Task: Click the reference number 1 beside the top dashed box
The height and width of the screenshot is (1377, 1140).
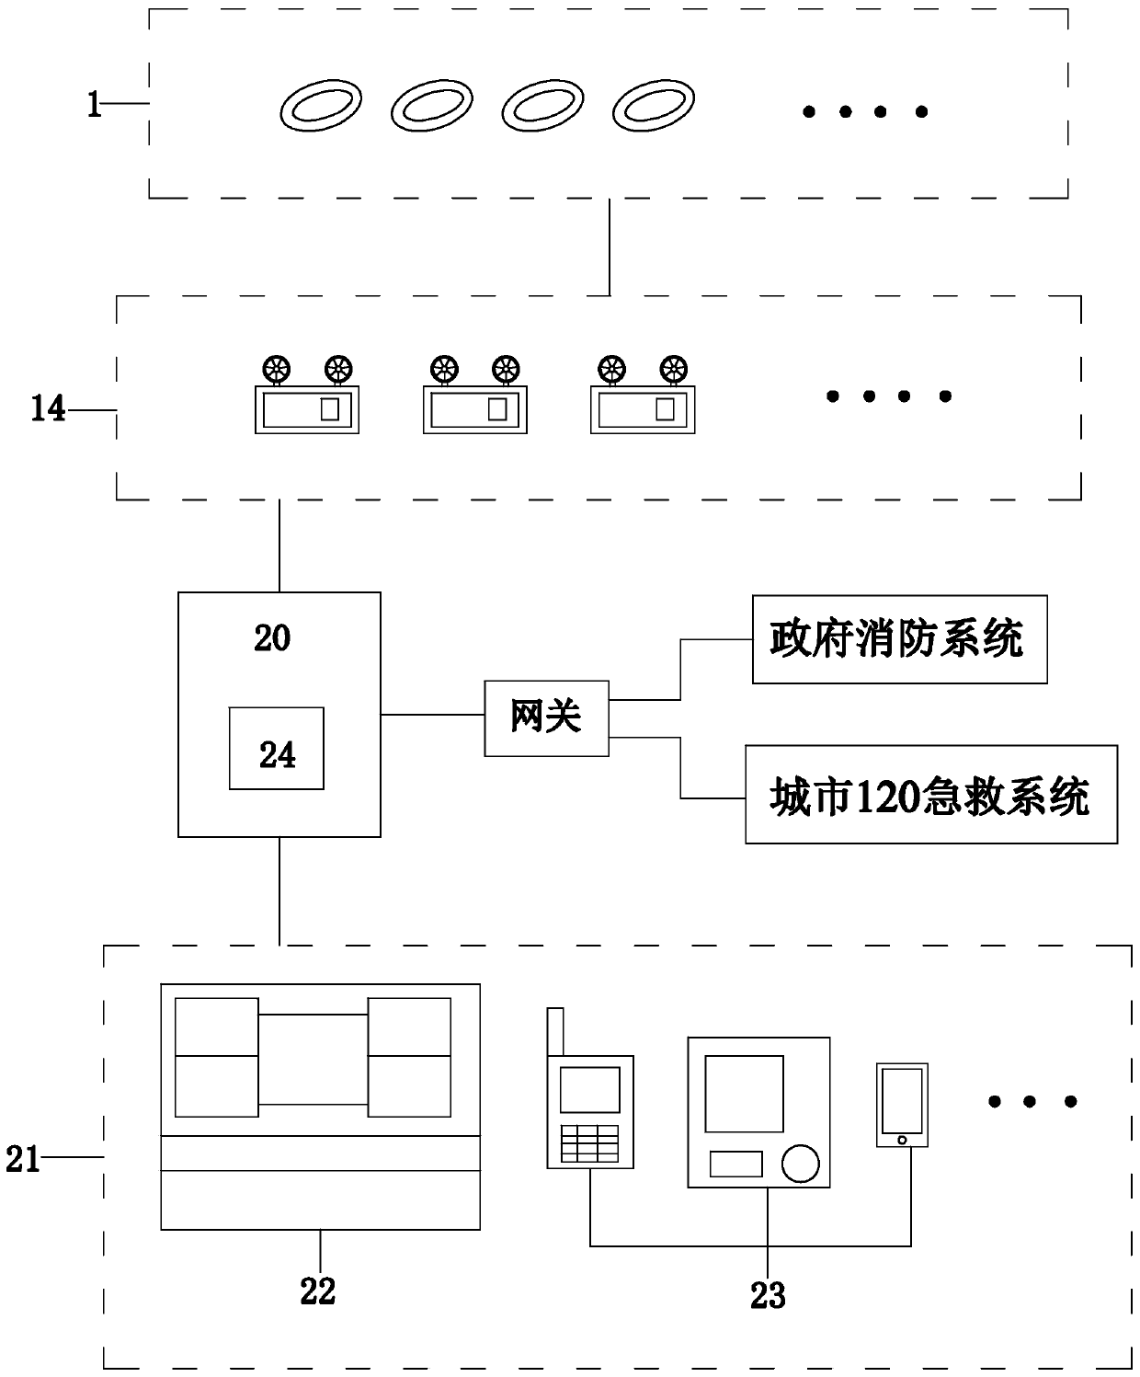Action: click(x=95, y=104)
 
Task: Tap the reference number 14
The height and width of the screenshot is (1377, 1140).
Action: click(x=48, y=408)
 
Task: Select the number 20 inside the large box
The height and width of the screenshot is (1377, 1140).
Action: click(x=271, y=637)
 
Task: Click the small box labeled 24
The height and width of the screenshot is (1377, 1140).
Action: click(x=276, y=748)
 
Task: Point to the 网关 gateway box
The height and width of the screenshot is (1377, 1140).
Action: click(x=547, y=718)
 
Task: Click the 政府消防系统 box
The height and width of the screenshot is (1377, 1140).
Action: click(x=900, y=639)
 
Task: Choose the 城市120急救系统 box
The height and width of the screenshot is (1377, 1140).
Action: click(x=931, y=794)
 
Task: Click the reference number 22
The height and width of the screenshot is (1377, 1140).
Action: click(x=318, y=1291)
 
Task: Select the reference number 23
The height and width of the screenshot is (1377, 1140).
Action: click(x=768, y=1295)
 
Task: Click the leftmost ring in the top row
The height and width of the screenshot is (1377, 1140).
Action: click(x=321, y=106)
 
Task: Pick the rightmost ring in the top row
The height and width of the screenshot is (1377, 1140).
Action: click(x=654, y=106)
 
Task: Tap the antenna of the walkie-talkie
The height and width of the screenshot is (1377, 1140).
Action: click(x=555, y=1032)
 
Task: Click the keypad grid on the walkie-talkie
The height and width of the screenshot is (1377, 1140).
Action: click(x=589, y=1143)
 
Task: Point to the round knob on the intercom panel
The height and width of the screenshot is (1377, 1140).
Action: click(x=801, y=1164)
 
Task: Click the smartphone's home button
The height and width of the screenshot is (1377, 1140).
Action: click(x=902, y=1140)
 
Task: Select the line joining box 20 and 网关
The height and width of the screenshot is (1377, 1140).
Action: click(x=432, y=714)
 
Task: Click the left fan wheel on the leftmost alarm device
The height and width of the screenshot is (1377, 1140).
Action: click(x=276, y=369)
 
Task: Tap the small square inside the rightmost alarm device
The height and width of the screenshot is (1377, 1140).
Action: click(x=665, y=409)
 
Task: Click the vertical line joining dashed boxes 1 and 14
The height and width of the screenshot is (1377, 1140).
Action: click(x=610, y=247)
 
